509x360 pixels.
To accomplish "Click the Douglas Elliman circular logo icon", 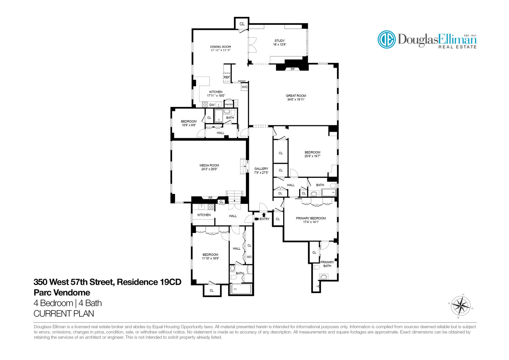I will (x=387, y=39).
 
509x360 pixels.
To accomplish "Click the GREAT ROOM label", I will (x=296, y=96).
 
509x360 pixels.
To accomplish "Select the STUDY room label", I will (x=279, y=41).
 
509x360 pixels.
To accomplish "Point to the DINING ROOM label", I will (x=220, y=47).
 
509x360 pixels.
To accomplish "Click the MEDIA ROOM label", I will (x=209, y=166).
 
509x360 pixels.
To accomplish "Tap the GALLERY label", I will (x=261, y=169).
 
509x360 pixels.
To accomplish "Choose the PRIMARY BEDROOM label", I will (x=311, y=218).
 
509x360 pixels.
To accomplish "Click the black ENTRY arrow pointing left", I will (x=256, y=219).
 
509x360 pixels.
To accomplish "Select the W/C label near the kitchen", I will (x=244, y=87).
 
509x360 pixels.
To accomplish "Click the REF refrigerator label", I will (x=226, y=77).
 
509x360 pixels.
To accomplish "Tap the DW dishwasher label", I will (x=212, y=105).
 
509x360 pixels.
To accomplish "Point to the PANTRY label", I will (x=229, y=104).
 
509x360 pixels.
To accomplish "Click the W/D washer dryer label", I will (x=249, y=257).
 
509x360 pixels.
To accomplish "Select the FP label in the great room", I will (x=292, y=69).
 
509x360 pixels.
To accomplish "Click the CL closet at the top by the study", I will (x=242, y=24).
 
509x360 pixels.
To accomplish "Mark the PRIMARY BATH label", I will (x=327, y=264).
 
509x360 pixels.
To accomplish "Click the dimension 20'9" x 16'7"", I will (x=312, y=156).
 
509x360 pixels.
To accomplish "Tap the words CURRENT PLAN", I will (x=64, y=314).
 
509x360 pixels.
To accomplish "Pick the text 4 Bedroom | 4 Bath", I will (x=68, y=303).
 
